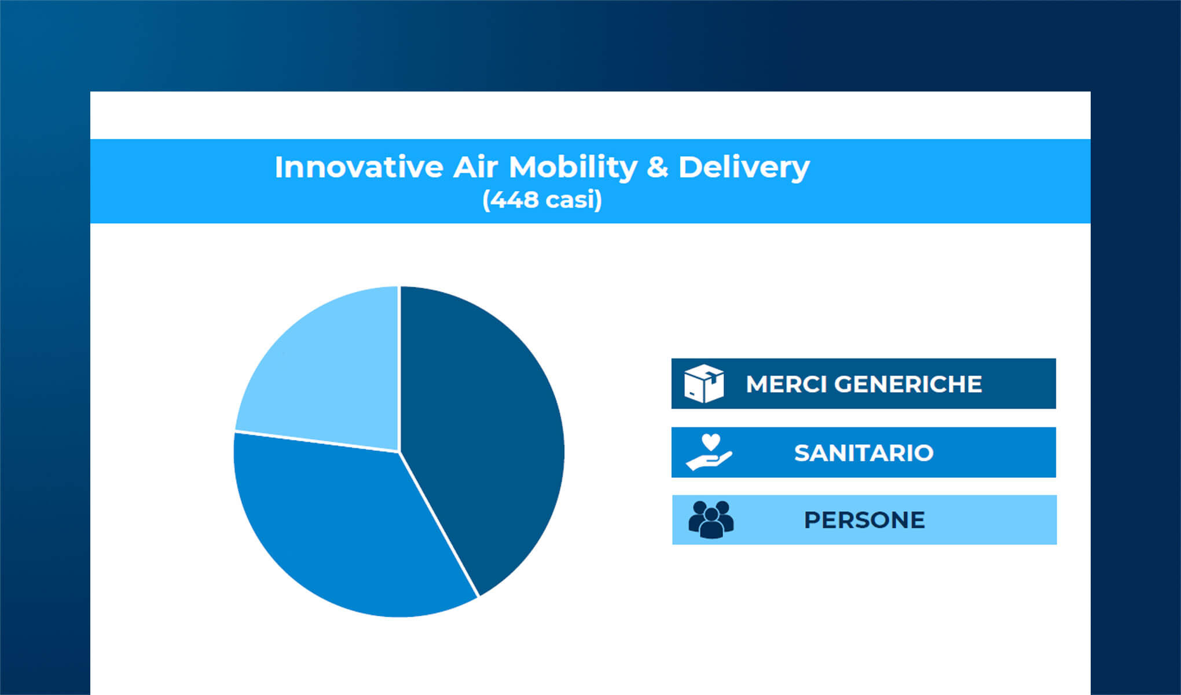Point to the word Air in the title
(475, 167)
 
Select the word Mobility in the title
(573, 169)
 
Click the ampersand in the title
(657, 167)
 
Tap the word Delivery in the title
(744, 169)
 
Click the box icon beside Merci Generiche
(704, 383)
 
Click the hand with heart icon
(709, 452)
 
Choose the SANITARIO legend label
(864, 453)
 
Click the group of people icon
(711, 520)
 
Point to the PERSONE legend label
(864, 520)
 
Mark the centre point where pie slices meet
(399, 451)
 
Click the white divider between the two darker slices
(439, 524)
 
